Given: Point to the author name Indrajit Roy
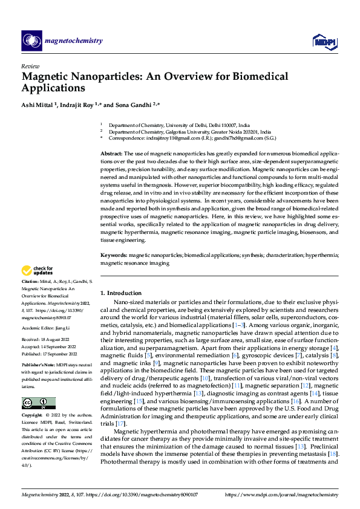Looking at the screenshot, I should coord(80,105).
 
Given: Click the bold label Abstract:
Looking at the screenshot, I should coord(113,154).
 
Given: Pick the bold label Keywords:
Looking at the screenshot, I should coord(114,256).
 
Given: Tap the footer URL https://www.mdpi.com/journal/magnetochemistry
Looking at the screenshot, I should coord(282,494).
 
